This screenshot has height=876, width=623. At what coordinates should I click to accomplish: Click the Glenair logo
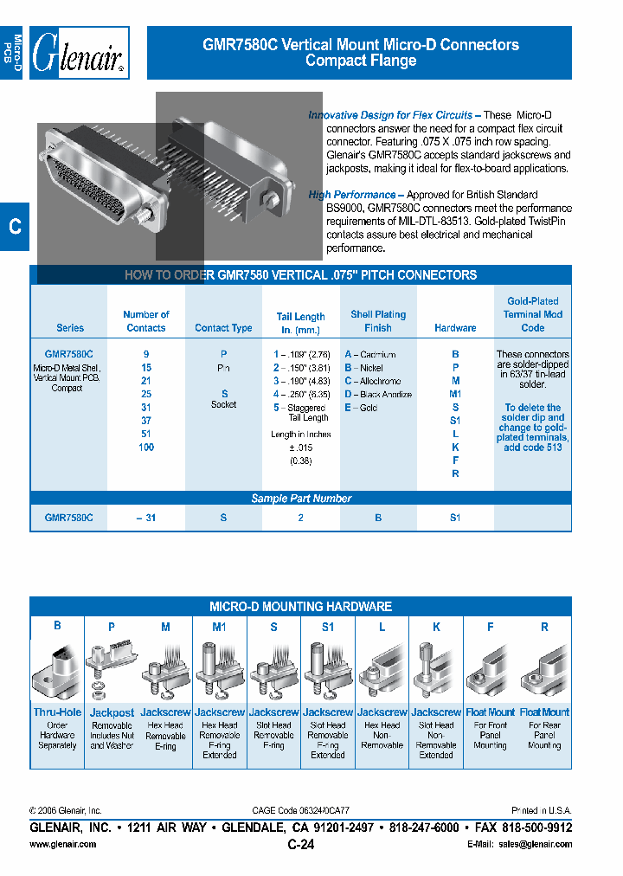[x=80, y=54]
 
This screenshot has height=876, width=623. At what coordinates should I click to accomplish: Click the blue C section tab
[x=15, y=227]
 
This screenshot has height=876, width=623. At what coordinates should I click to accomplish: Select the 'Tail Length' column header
[x=300, y=322]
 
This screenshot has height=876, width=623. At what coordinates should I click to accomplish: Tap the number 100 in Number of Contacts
[x=145, y=448]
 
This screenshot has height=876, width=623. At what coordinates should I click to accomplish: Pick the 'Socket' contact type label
[x=223, y=404]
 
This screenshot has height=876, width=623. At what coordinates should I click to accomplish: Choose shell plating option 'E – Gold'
[x=362, y=408]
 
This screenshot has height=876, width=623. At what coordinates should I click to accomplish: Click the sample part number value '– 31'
[x=145, y=518]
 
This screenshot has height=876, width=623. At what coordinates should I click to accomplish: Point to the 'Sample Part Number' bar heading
[x=301, y=499]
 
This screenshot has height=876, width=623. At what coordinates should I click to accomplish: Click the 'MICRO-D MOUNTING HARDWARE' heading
[x=300, y=607]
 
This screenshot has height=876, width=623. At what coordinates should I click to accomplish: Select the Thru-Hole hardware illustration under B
[x=57, y=672]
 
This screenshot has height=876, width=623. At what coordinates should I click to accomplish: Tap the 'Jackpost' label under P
[x=112, y=712]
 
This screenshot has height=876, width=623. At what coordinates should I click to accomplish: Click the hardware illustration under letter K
[x=436, y=672]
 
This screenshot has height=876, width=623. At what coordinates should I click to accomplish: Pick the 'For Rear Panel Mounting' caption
[x=544, y=735]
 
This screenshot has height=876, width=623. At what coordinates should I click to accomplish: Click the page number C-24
[x=300, y=845]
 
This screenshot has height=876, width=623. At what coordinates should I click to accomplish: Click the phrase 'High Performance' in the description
[x=352, y=195]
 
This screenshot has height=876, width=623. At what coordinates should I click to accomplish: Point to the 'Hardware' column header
[x=455, y=328]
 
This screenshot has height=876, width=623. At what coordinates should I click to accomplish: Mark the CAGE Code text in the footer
[x=300, y=810]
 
